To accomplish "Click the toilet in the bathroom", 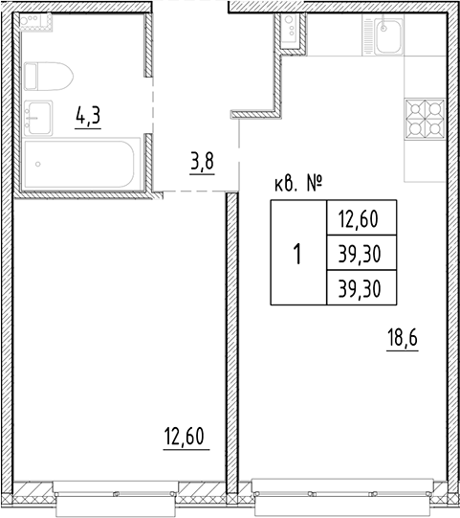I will coord(48,75).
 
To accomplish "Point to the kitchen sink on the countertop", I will coord(389,39).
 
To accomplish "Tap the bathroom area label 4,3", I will coord(89,118).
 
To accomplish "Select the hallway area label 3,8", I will coord(201,161).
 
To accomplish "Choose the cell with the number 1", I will coord(297,255).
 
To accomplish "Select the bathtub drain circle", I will coord(37,164).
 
